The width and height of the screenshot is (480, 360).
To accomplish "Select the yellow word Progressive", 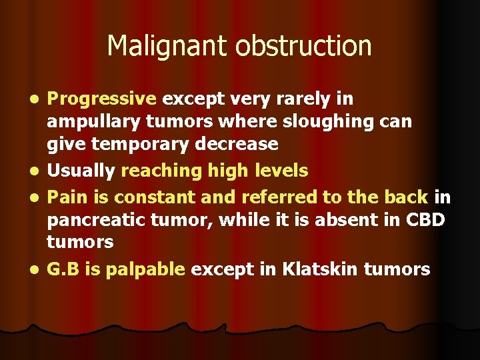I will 101,99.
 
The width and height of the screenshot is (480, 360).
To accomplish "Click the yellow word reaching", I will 154,171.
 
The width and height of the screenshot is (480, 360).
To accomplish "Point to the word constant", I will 151,197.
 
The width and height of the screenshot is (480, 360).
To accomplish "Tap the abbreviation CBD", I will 423,219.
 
